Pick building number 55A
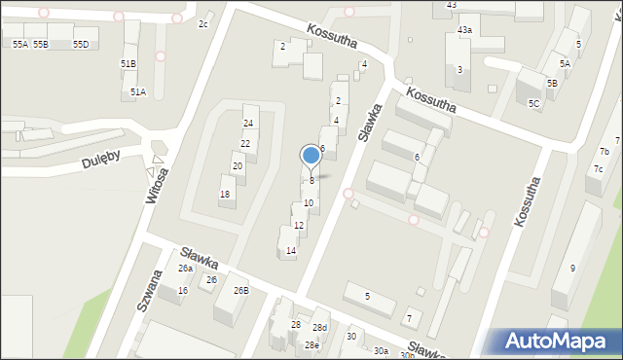pyautogui.click(x=19, y=45)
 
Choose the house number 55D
pyautogui.click(x=80, y=45)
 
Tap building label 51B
pyautogui.click(x=128, y=63)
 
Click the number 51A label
pyautogui.click(x=138, y=91)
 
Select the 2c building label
pyautogui.click(x=203, y=24)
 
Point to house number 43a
pyautogui.click(x=465, y=31)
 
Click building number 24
pyautogui.click(x=248, y=124)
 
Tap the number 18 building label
pyautogui.click(x=225, y=195)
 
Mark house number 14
pyautogui.click(x=290, y=251)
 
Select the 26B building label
pyautogui.click(x=240, y=290)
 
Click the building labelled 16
pyautogui.click(x=182, y=291)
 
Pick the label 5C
pyautogui.click(x=533, y=103)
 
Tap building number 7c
pyautogui.click(x=599, y=169)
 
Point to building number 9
pyautogui.click(x=572, y=269)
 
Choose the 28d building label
pyautogui.click(x=319, y=328)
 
